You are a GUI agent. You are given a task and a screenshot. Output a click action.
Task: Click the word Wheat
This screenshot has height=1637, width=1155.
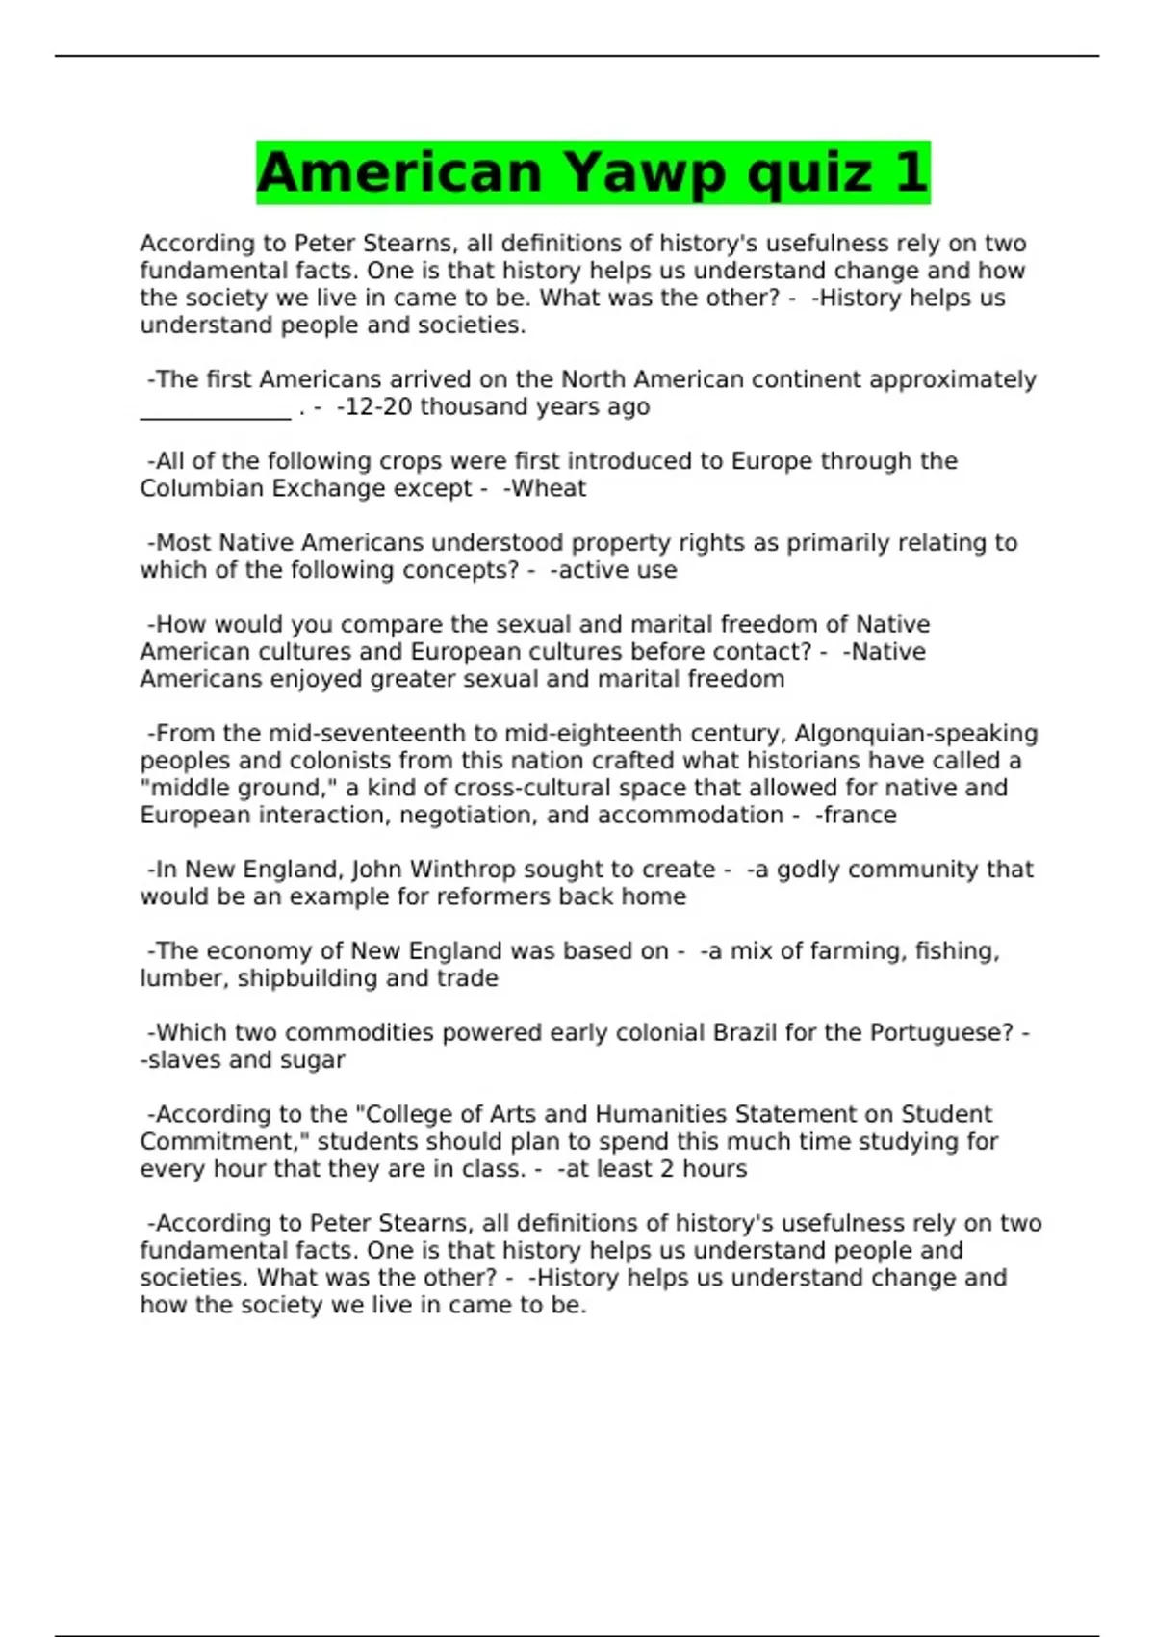pos(548,488)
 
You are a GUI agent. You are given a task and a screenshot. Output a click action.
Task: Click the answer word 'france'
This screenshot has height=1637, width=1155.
pos(859,815)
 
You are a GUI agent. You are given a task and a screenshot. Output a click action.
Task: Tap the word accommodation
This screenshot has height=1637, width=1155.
pos(690,815)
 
